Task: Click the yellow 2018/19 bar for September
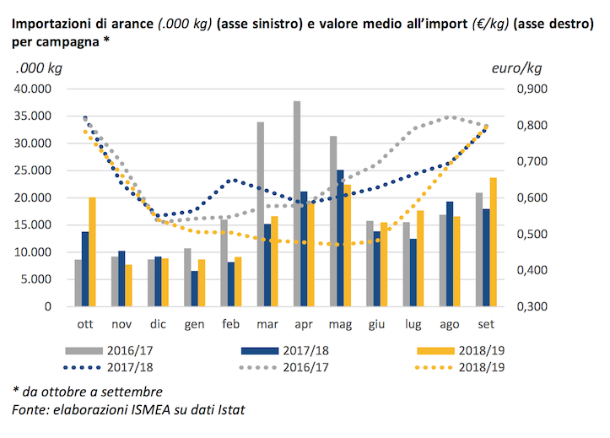[493, 242]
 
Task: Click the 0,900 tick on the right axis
[532, 89]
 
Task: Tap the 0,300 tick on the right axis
[532, 306]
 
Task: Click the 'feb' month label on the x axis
[231, 323]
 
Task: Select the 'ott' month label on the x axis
[85, 323]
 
